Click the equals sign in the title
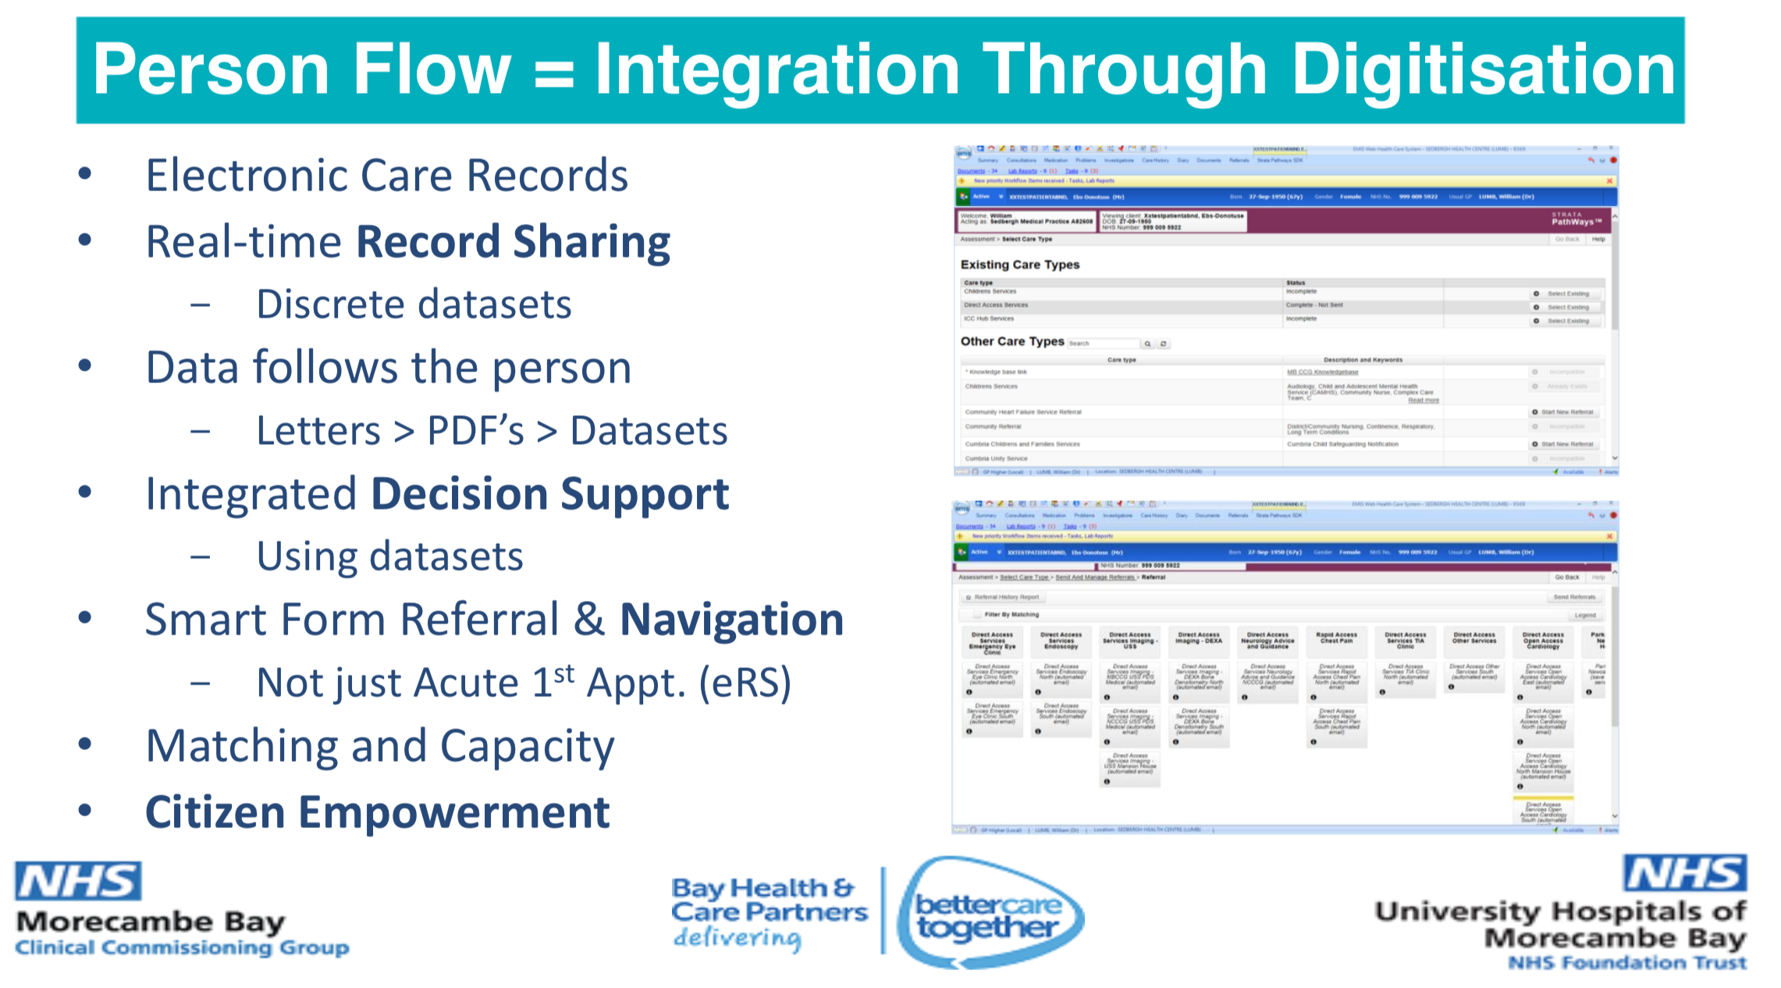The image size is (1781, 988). coord(553,73)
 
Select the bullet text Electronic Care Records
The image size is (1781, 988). coord(386,176)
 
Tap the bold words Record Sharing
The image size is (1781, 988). coord(514,242)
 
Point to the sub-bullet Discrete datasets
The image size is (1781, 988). coord(414,304)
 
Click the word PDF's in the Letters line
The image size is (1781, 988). coord(475,431)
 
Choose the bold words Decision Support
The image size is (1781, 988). coord(550,495)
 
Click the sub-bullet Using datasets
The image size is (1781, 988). coord(389,557)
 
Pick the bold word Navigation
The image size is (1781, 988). coord(731,620)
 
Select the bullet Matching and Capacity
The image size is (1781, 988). coord(380,747)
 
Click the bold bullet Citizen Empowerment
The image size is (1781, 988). coord(378,812)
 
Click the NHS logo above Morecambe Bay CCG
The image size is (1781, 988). coord(78,882)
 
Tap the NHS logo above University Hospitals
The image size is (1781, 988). coord(1685,873)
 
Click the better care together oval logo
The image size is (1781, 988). coord(989,914)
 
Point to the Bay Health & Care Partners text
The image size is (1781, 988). coord(769,900)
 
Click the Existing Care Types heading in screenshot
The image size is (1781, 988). coord(1019,265)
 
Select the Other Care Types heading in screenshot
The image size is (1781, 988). coord(1012,341)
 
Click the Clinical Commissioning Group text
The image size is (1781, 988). coord(182,948)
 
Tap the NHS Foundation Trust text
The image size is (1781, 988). coord(1627,963)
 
